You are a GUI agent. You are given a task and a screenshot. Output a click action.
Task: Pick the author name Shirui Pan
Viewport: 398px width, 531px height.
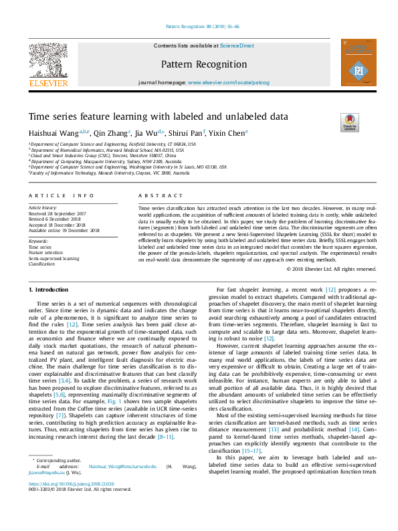click(190, 133)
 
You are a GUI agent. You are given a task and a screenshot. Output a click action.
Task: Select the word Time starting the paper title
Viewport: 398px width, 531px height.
click(39, 116)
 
